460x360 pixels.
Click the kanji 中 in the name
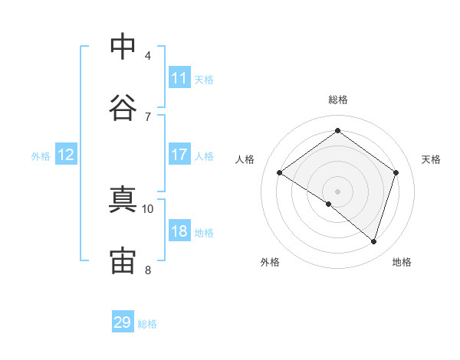123,46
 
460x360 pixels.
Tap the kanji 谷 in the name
123,107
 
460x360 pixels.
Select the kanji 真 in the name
123,199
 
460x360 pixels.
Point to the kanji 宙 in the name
123,260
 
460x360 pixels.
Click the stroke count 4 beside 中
148,56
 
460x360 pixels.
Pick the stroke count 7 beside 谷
148,117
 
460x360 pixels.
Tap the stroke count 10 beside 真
147,209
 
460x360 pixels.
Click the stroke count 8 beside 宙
148,270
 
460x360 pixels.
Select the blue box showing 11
179,77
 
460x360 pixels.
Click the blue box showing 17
179,154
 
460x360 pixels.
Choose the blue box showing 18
179,230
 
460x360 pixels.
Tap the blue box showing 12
66,154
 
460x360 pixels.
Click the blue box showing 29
123,321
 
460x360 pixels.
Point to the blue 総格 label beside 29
147,324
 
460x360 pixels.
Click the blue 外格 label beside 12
41,156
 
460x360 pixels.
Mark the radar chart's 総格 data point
337,130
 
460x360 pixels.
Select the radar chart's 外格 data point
329,204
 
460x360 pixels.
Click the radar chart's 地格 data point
373,241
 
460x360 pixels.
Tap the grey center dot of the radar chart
337,191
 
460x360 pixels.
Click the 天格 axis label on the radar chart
431,159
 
